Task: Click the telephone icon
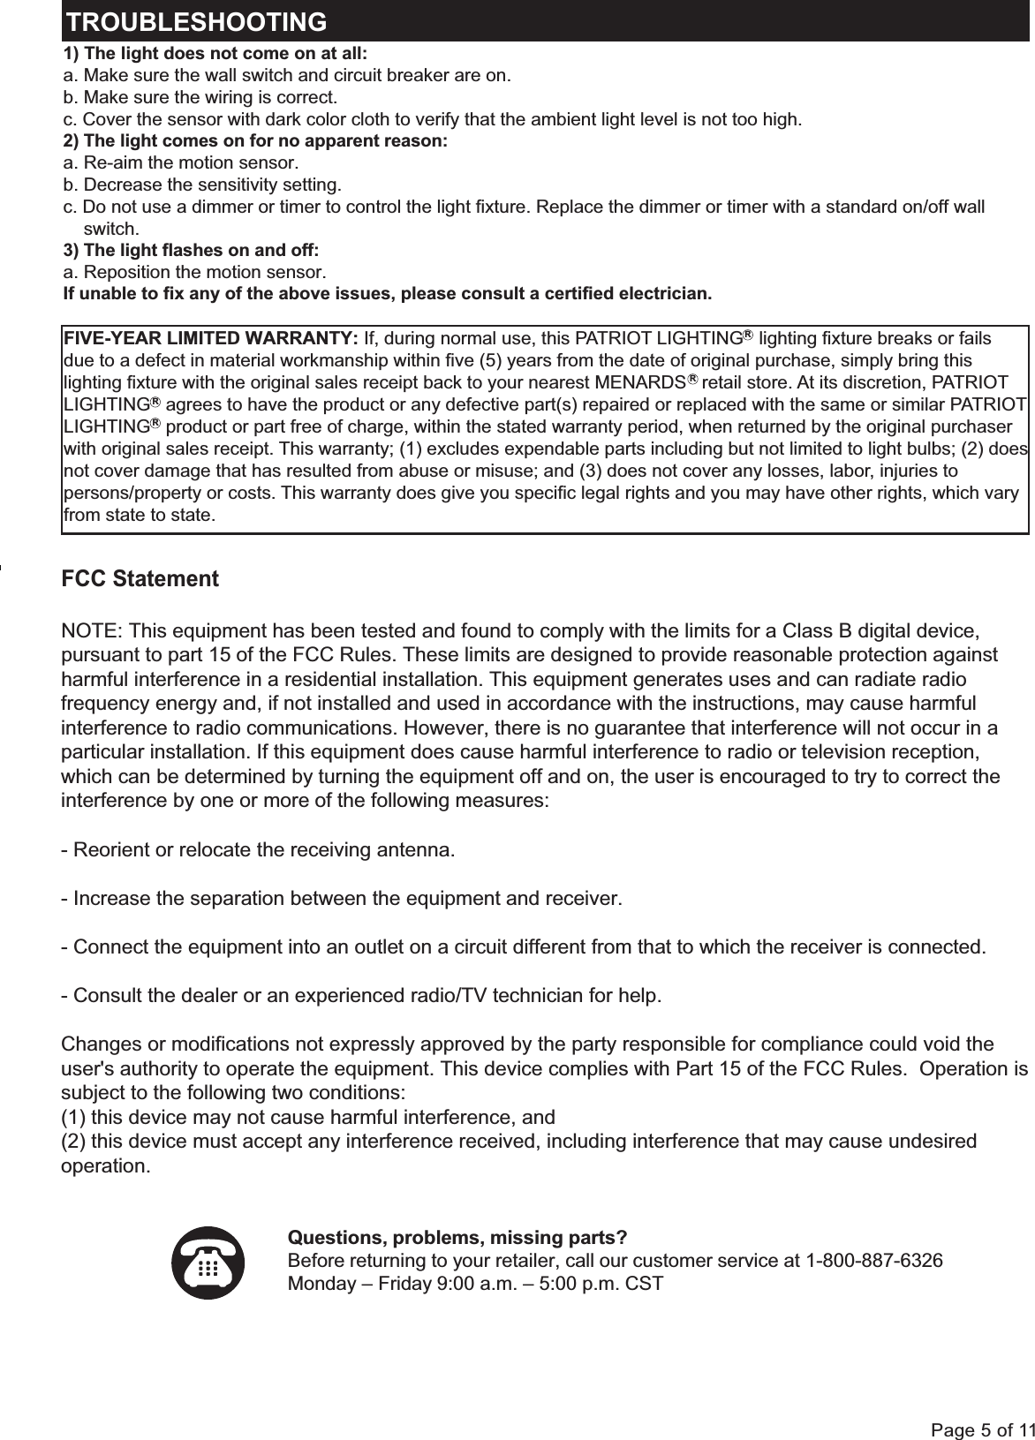[x=208, y=1263]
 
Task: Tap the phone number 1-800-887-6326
[x=874, y=1259]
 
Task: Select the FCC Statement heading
[x=140, y=580]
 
